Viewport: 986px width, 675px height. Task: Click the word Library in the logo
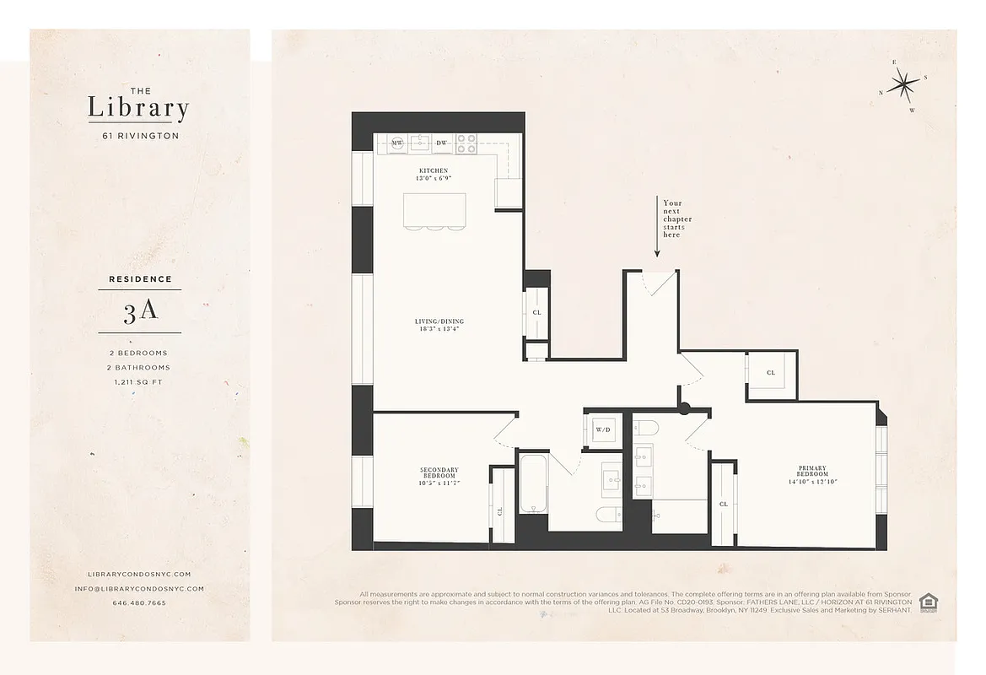pyautogui.click(x=138, y=109)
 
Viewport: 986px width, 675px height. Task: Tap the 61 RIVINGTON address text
pyautogui.click(x=139, y=136)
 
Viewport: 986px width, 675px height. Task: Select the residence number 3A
pyautogui.click(x=139, y=311)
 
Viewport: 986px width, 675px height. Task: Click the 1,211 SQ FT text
pyautogui.click(x=139, y=382)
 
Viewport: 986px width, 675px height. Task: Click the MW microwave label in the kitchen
pyautogui.click(x=397, y=143)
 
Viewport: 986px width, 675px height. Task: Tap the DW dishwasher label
pyautogui.click(x=441, y=143)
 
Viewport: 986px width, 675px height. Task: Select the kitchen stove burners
pyautogui.click(x=466, y=143)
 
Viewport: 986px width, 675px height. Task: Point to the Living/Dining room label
pyautogui.click(x=439, y=326)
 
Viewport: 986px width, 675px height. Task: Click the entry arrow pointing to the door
pyautogui.click(x=657, y=228)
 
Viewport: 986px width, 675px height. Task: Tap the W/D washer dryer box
pyautogui.click(x=603, y=429)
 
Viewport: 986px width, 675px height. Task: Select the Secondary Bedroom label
pyautogui.click(x=439, y=475)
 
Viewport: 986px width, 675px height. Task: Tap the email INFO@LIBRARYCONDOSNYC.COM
pyautogui.click(x=139, y=589)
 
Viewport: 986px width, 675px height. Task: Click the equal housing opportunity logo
pyautogui.click(x=929, y=602)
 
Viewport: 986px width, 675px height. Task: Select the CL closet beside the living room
pyautogui.click(x=536, y=312)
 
